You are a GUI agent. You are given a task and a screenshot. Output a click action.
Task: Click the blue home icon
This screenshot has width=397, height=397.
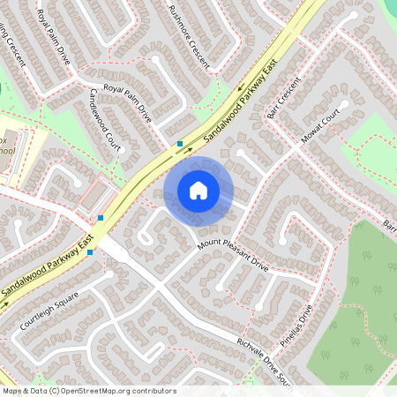point(198,190)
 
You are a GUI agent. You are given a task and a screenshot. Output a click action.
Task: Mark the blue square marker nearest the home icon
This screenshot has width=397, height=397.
point(180,143)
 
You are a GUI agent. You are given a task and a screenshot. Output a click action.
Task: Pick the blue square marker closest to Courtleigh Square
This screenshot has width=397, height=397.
point(91,252)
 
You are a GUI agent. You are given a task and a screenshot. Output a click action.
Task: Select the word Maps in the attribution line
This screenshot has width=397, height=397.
point(11,390)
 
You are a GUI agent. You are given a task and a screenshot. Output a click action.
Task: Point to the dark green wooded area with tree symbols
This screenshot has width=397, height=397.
point(353,291)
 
